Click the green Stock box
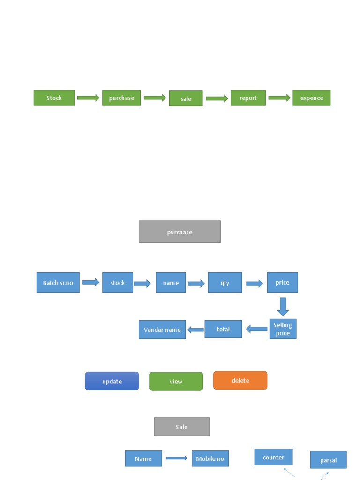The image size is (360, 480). [x=54, y=98]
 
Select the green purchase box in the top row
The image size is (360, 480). [x=121, y=98]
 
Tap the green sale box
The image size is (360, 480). [x=186, y=98]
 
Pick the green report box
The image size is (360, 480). [x=248, y=98]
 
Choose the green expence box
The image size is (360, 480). [x=312, y=98]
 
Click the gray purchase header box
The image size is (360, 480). [x=180, y=232]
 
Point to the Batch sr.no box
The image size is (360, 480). [x=58, y=283]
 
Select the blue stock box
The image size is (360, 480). [x=118, y=283]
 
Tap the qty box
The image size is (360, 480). [x=225, y=283]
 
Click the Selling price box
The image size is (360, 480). [x=283, y=329]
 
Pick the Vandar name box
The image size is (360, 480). [x=162, y=330]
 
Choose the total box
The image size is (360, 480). [x=223, y=329]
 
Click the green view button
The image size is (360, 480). [x=176, y=382]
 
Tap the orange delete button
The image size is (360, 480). [x=240, y=381]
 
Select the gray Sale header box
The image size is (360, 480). [x=182, y=427]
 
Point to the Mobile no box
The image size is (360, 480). [x=210, y=458]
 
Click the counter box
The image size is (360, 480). [x=273, y=457]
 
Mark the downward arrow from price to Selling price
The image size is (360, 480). [x=283, y=307]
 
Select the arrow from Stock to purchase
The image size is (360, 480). [x=88, y=97]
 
